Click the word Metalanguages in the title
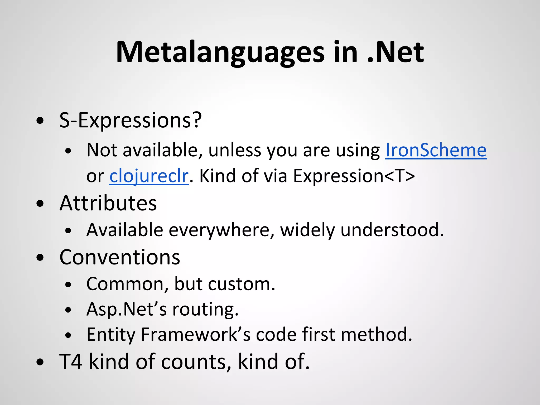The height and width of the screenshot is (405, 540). pos(220,53)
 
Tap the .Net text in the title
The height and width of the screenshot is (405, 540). pos(396,53)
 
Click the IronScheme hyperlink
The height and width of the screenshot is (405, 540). pos(436,150)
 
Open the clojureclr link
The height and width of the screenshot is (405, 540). pos(149,176)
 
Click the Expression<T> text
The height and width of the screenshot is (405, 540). pos(354,176)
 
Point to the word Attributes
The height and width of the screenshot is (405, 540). pos(108,203)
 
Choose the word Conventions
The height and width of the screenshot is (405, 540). pos(120,257)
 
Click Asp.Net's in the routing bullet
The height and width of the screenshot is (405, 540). pos(127,309)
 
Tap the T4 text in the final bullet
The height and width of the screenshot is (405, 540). pos(71,361)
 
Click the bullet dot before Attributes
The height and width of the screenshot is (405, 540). pos(40,204)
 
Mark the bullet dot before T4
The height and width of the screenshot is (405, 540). pos(40,362)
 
